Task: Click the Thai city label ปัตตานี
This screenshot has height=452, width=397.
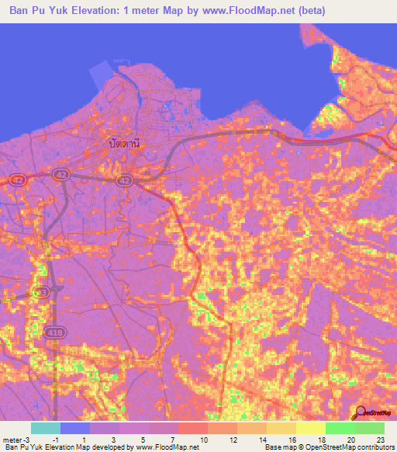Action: [125, 143]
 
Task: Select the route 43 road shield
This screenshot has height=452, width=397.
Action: [42, 292]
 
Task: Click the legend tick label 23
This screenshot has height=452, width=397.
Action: [379, 440]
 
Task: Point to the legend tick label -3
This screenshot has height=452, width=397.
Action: [29, 440]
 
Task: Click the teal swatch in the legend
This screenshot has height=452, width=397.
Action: [46, 428]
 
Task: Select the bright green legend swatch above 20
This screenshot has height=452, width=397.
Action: [340, 428]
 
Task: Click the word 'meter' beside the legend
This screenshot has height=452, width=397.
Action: [12, 440]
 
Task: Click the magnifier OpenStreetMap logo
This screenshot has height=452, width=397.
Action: [361, 412]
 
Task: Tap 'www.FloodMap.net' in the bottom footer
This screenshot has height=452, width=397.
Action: [167, 447]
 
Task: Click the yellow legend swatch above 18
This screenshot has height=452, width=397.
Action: [310, 428]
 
